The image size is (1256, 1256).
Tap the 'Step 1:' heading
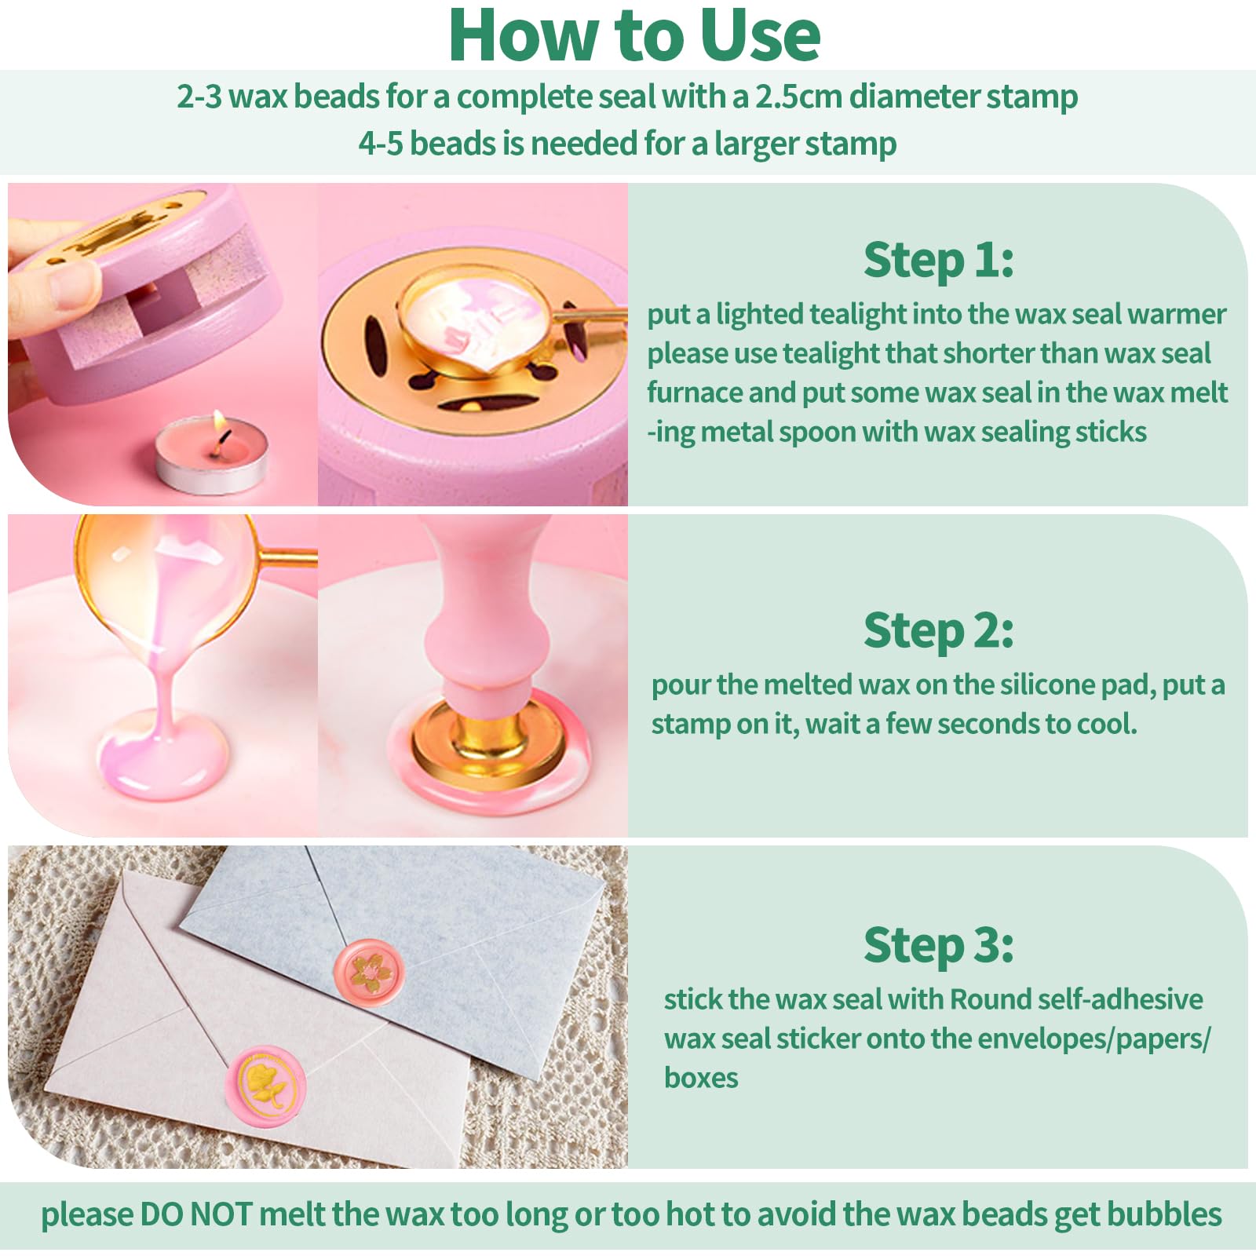point(938,260)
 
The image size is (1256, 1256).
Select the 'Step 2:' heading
point(938,630)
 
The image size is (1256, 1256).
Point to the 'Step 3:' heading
point(938,944)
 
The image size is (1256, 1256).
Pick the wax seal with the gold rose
point(266,1085)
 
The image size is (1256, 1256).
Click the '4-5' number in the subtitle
point(380,144)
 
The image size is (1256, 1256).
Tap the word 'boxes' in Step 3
point(701,1078)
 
